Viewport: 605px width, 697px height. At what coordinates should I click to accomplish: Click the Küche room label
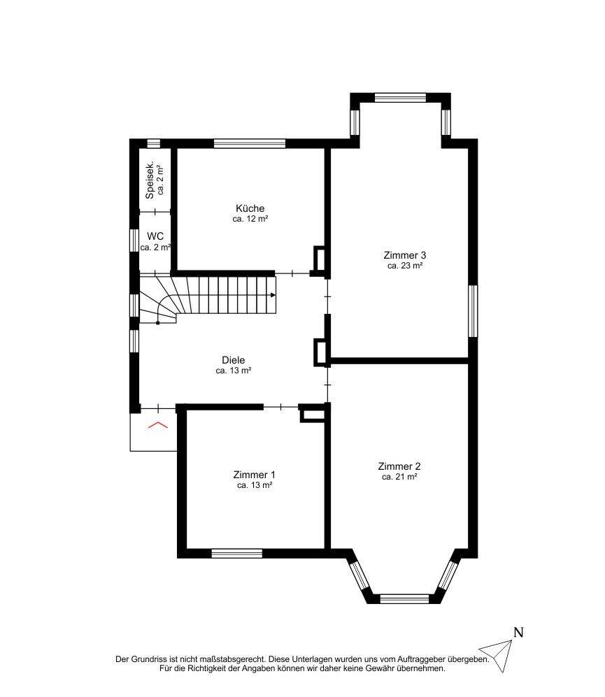pyautogui.click(x=250, y=208)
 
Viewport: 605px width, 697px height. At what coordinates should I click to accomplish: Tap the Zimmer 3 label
pyautogui.click(x=405, y=255)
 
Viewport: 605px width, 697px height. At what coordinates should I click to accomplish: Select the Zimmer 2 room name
pyautogui.click(x=399, y=466)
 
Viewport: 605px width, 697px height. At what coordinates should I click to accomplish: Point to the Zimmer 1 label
pyautogui.click(x=255, y=475)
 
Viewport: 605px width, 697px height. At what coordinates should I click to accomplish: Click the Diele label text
pyautogui.click(x=233, y=360)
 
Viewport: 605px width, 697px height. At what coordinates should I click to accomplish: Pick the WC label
pyautogui.click(x=155, y=236)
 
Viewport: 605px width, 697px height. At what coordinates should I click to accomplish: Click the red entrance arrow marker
pyautogui.click(x=158, y=425)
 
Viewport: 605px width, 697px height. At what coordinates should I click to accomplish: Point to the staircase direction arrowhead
pyautogui.click(x=272, y=295)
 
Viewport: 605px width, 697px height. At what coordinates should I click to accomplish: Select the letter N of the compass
pyautogui.click(x=518, y=633)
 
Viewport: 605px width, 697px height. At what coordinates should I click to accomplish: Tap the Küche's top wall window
pyautogui.click(x=249, y=143)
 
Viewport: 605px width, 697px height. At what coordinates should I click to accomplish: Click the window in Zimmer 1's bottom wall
pyautogui.click(x=236, y=554)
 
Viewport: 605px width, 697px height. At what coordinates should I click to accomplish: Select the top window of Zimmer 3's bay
pyautogui.click(x=400, y=97)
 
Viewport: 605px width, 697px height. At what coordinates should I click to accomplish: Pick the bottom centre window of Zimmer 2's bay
pyautogui.click(x=404, y=598)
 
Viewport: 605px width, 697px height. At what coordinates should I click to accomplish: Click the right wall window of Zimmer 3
pyautogui.click(x=473, y=310)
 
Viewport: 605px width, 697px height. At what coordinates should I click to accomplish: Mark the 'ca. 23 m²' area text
pyautogui.click(x=405, y=266)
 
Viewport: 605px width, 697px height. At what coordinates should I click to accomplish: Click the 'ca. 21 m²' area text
pyautogui.click(x=399, y=477)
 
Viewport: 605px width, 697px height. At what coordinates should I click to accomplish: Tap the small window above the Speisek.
pyautogui.click(x=153, y=143)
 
